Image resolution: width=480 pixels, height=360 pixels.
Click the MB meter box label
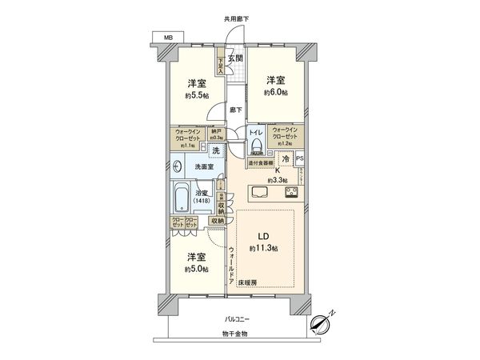(x=167, y=38)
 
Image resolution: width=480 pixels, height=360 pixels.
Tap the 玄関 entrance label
(x=234, y=58)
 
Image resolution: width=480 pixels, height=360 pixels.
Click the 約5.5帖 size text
(x=196, y=96)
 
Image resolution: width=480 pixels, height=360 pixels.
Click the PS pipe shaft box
(x=300, y=159)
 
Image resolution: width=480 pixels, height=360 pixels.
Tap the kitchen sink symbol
(x=261, y=193)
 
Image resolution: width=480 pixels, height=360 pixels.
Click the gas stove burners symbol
(x=291, y=193)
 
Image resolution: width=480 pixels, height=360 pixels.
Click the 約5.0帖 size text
(x=196, y=270)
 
